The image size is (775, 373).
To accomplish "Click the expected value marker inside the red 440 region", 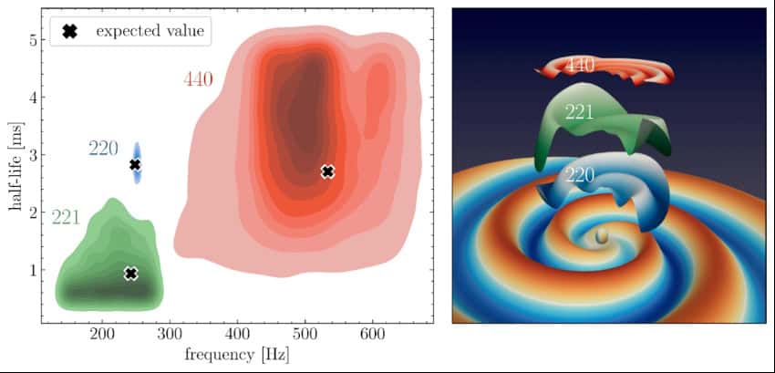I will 328,171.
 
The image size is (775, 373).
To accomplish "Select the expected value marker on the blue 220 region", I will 135,165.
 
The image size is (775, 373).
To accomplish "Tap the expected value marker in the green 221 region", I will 130,274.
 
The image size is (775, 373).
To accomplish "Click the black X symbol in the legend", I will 68,31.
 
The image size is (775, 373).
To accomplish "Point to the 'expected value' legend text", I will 150,31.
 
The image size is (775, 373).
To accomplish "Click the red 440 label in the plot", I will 198,79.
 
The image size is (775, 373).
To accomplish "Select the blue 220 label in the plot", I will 103,148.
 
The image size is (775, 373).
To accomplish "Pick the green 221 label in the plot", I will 66,217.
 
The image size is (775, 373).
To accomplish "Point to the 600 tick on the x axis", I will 372,336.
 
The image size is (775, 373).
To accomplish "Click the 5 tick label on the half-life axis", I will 30,40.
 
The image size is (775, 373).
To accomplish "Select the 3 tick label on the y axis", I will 30,155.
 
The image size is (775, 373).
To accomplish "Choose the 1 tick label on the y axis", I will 30,270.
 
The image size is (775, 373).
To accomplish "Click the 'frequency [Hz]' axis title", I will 237,354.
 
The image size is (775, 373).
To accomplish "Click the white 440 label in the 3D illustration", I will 581,65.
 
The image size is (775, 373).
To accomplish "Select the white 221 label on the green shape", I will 579,113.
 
